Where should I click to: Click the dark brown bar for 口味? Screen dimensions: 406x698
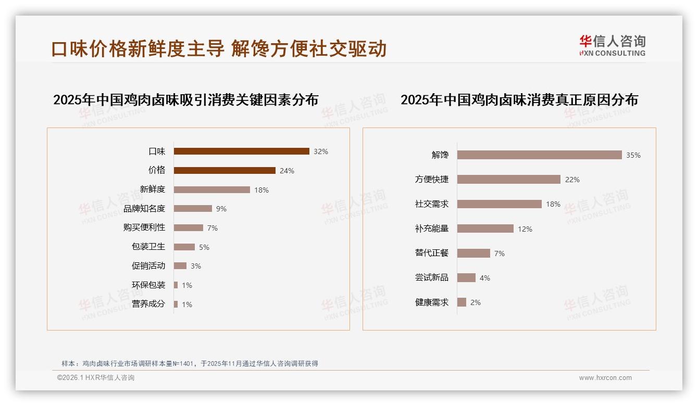[x=241, y=151]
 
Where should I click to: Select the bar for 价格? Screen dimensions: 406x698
[x=225, y=171]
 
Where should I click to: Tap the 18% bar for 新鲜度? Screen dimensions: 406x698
[x=212, y=190]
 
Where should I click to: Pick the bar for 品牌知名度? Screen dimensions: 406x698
[x=193, y=209]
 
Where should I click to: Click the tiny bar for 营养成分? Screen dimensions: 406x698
[x=176, y=304]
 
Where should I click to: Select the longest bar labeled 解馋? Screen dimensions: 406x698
[x=540, y=155]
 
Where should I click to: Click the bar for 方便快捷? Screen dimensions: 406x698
[x=509, y=180]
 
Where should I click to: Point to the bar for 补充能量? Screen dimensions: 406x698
[x=485, y=229]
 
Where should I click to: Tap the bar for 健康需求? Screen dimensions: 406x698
[x=462, y=302]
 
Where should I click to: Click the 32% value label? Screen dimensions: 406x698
[x=321, y=152]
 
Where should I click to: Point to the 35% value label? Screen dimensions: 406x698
[x=633, y=156]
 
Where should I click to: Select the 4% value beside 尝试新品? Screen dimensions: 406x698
[x=485, y=278]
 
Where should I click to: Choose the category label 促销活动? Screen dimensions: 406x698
[x=148, y=265]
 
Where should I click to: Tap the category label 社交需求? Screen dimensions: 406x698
[x=432, y=204]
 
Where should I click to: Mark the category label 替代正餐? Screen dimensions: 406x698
[x=432, y=253]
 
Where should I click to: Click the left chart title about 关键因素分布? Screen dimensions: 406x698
[x=186, y=99]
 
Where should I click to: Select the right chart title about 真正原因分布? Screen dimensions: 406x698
[x=519, y=99]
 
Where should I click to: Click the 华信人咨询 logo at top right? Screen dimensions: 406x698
[x=613, y=45]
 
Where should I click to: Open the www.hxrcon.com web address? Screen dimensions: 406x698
[x=605, y=378]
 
